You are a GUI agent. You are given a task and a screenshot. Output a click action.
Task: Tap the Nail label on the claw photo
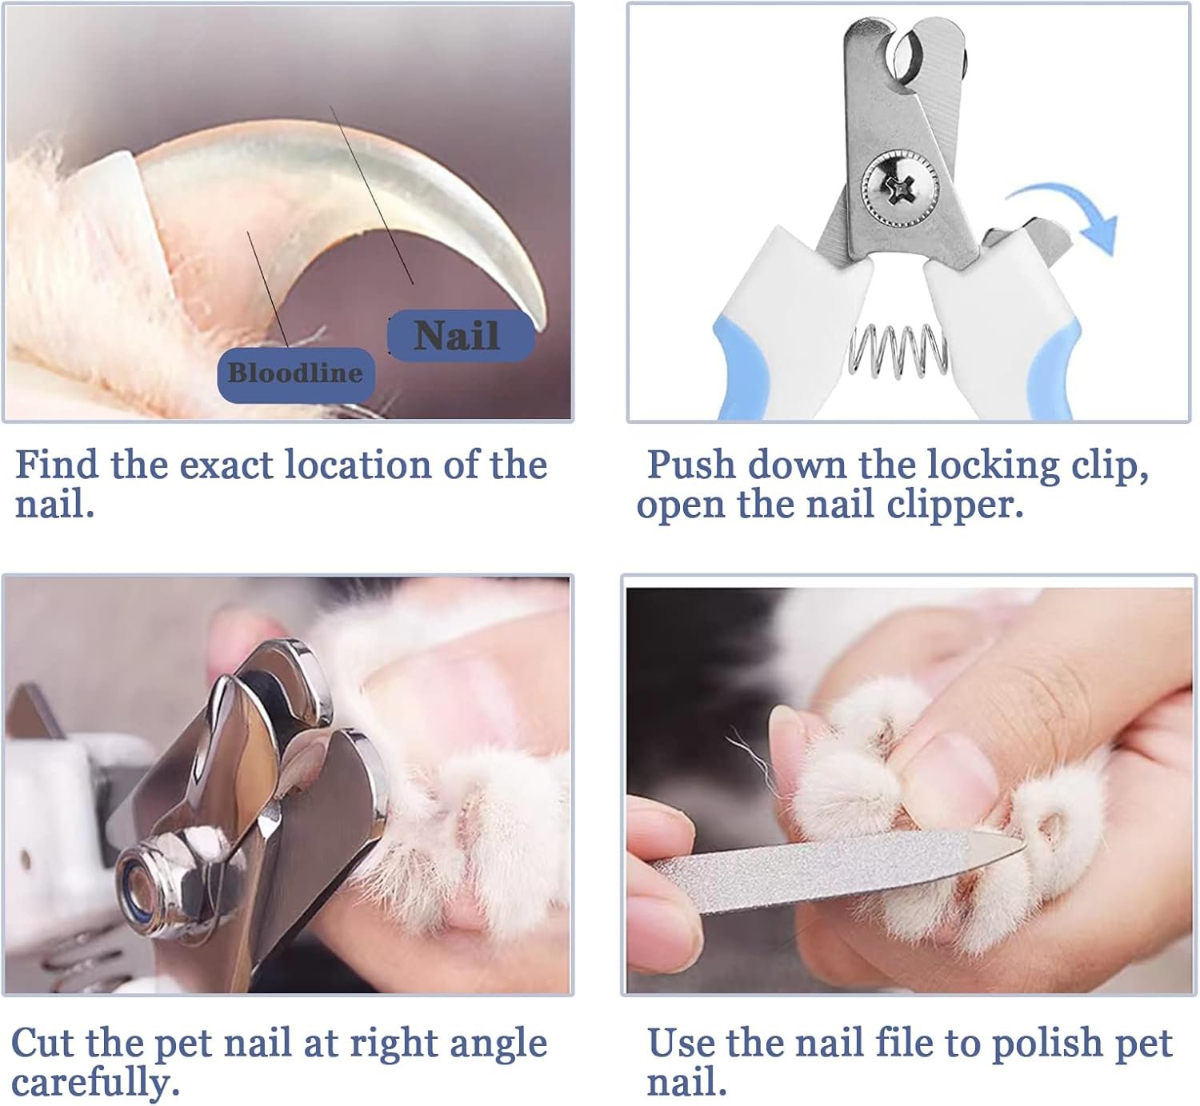pyautogui.click(x=461, y=335)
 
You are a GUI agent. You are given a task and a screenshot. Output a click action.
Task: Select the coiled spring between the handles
pyautogui.click(x=898, y=351)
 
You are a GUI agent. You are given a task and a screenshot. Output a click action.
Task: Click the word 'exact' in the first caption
pyautogui.click(x=226, y=466)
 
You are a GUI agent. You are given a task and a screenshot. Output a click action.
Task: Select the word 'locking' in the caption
pyautogui.click(x=994, y=465)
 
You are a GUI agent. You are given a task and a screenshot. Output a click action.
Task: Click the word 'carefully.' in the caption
pyautogui.click(x=95, y=1083)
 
